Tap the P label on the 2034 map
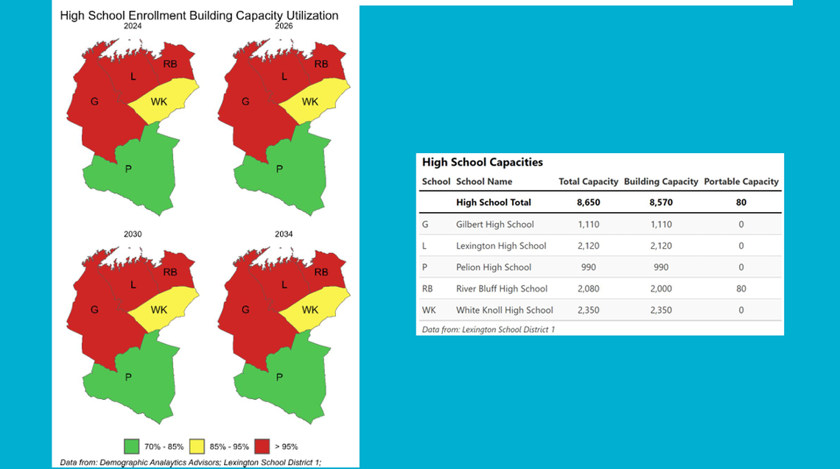tap(279, 377)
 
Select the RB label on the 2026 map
tap(321, 64)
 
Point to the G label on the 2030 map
tap(94, 310)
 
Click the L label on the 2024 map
tap(133, 77)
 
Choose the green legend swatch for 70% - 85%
tap(132, 446)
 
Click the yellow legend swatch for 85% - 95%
tap(197, 446)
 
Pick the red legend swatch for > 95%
tap(262, 446)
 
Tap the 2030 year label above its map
tap(133, 234)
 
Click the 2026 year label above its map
tap(284, 26)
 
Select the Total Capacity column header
tap(588, 182)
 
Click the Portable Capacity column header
tap(741, 182)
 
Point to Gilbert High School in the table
tap(494, 225)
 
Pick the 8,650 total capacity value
tap(588, 202)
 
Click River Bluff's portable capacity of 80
tap(741, 289)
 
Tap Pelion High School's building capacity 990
tap(660, 267)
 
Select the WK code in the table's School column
tap(428, 310)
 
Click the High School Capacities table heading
tap(482, 163)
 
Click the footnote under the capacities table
tap(488, 330)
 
